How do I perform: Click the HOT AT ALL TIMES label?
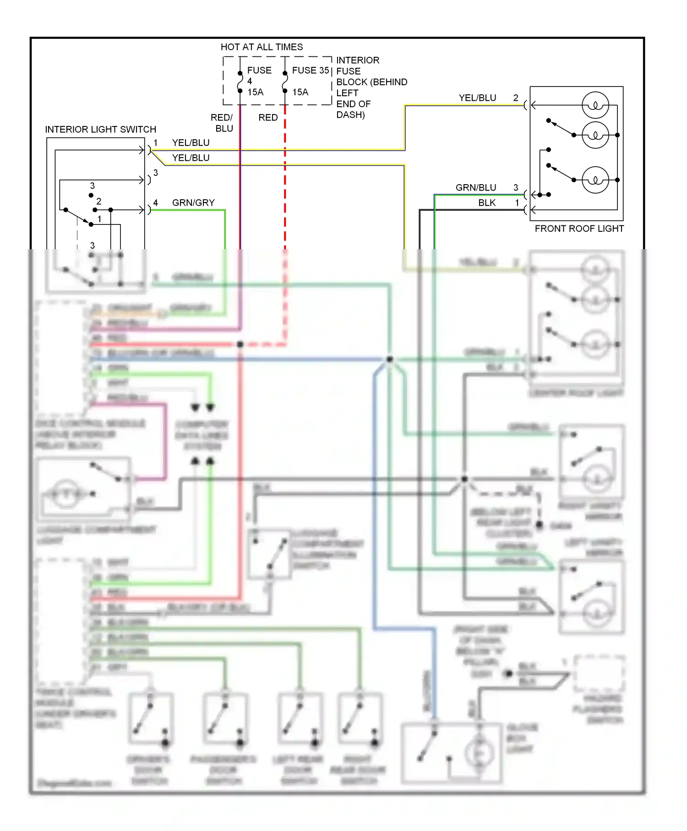(262, 47)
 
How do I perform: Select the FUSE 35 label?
(311, 71)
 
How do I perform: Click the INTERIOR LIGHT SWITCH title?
(100, 130)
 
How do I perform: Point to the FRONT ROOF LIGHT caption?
(579, 229)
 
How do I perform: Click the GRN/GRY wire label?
(193, 203)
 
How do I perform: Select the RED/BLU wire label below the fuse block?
(223, 123)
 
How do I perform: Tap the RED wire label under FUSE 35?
(268, 118)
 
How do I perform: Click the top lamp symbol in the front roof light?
(595, 105)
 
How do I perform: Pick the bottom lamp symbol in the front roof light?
(595, 180)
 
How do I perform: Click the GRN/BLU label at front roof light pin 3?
(476, 188)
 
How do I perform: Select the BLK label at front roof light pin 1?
(487, 203)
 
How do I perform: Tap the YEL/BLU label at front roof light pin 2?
(477, 98)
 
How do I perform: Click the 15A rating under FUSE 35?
(300, 93)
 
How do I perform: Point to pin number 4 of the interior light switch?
(156, 202)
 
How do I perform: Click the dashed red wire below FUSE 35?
(285, 183)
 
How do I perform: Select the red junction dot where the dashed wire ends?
(240, 344)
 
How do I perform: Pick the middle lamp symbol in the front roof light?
(595, 135)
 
